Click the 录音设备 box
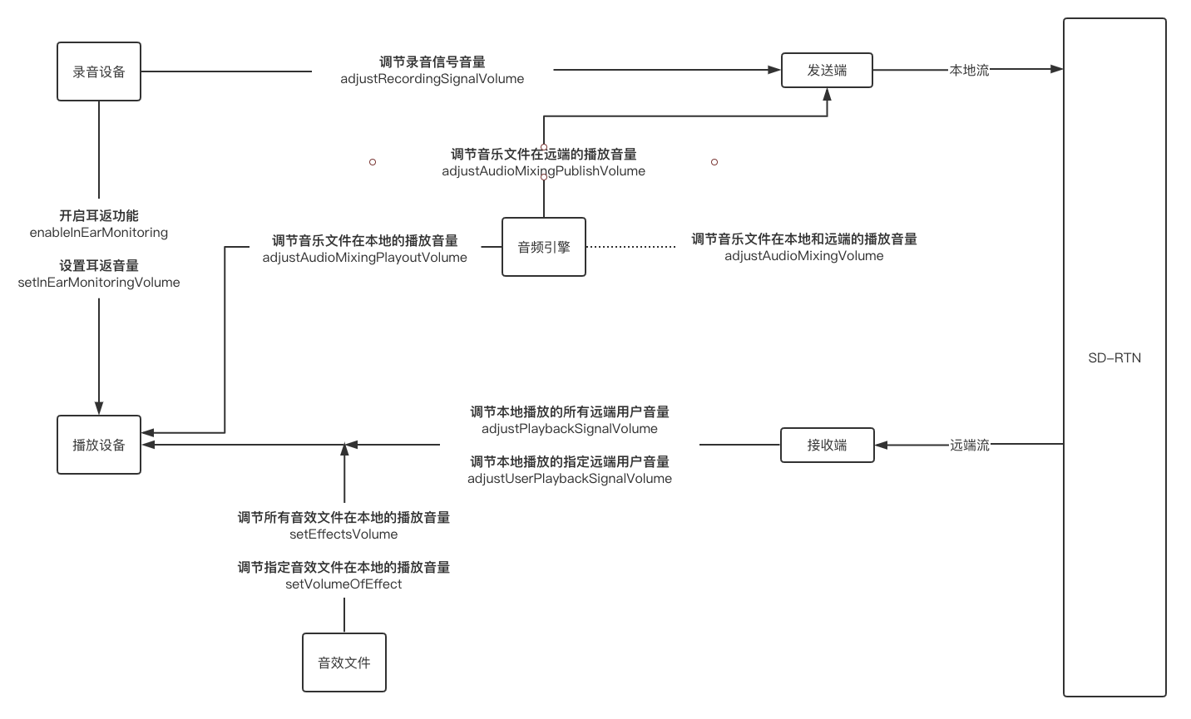[99, 71]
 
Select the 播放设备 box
[99, 445]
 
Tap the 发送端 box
[827, 70]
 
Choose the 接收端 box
[828, 446]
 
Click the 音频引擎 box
[544, 247]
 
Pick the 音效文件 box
[344, 662]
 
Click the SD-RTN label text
[1114, 358]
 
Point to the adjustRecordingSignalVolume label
[432, 79]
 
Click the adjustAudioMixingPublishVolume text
[543, 171]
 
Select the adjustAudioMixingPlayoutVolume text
[365, 258]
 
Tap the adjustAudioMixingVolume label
[804, 256]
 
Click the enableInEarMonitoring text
[99, 233]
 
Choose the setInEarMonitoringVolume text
[99, 283]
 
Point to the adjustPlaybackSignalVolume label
[570, 429]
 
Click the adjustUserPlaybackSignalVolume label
[570, 479]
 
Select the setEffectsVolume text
[343, 534]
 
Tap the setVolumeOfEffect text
[343, 584]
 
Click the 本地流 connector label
[969, 70]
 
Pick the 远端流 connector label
[969, 446]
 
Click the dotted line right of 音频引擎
[630, 247]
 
